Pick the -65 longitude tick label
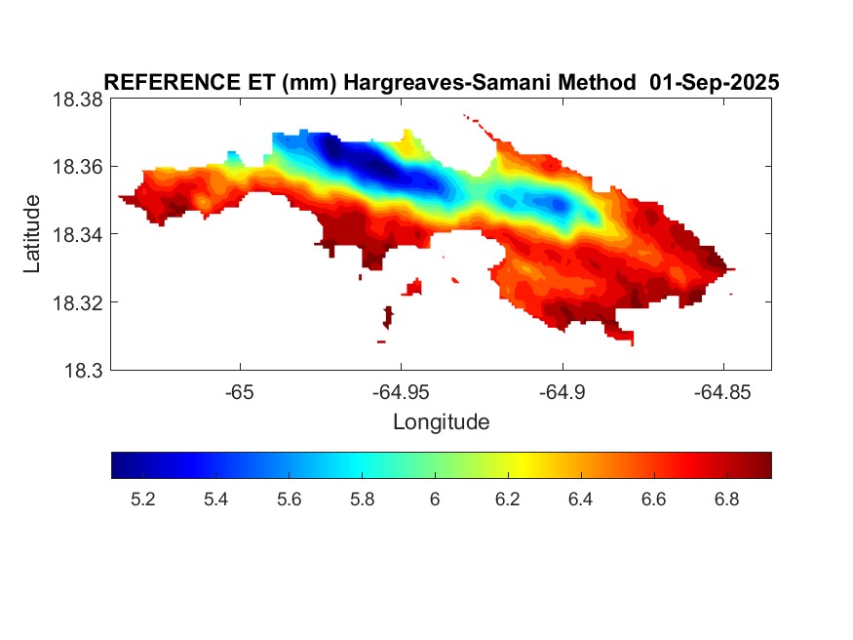(240, 393)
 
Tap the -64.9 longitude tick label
(561, 393)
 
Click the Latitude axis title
(32, 234)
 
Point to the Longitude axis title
(441, 422)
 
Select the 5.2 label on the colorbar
(142, 500)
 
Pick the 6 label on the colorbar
(435, 500)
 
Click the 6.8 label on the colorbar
(727, 500)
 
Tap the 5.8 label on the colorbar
(362, 500)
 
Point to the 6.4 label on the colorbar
(581, 500)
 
